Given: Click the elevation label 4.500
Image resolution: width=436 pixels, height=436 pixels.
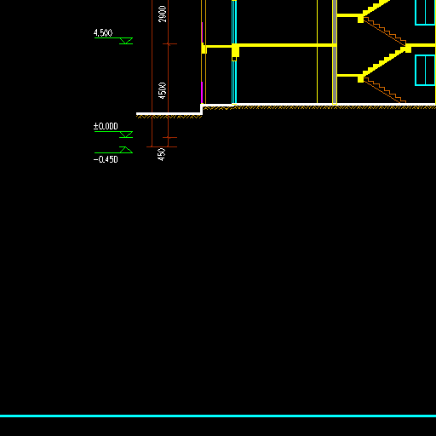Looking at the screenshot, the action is (x=103, y=33).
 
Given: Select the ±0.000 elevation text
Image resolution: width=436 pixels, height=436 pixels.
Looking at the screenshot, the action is (x=106, y=126).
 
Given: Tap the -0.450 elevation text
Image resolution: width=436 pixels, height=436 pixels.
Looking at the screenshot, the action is (x=106, y=159).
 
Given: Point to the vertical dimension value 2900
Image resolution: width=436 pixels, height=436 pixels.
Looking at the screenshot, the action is (x=163, y=14).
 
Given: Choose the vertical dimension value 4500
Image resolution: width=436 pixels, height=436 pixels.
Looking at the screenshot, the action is (x=163, y=90).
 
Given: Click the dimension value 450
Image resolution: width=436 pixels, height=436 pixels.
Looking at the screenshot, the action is (x=161, y=154).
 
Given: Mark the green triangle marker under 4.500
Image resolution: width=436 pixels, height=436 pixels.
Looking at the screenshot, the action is (x=126, y=41).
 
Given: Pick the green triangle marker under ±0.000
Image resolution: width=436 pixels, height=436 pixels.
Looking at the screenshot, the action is (x=126, y=135).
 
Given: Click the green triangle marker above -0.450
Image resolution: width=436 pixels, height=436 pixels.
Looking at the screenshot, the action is (x=126, y=150).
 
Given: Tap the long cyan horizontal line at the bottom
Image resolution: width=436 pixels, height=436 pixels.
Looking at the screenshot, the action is (x=218, y=416).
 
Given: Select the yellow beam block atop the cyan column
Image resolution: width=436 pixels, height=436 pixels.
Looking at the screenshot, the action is (x=235, y=50).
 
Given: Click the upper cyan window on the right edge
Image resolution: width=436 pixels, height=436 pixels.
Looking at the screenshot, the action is (x=425, y=13).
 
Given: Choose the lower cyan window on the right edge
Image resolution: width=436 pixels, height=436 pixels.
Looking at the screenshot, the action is (x=425, y=70).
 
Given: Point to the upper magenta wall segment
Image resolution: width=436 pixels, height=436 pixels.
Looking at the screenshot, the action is (x=202, y=32).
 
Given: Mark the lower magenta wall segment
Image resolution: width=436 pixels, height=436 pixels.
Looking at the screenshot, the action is (x=202, y=93).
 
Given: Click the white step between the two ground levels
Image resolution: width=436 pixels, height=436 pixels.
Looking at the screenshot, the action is (x=202, y=109).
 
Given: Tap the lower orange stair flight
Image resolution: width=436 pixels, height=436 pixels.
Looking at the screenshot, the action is (x=385, y=91).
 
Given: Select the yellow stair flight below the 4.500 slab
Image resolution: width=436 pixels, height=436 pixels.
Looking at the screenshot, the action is (x=383, y=62).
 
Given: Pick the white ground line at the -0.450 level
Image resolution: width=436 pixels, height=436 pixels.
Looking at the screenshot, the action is (x=169, y=114).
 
